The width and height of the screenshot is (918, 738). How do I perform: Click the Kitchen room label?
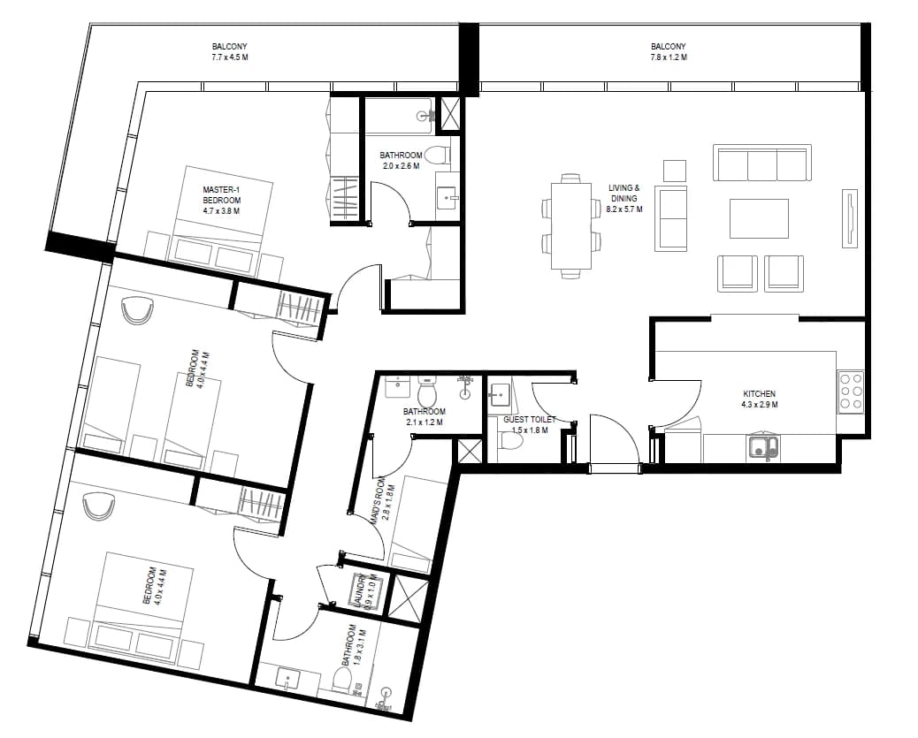pos(760,399)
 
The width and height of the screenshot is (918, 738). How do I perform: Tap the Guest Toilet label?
pos(529,425)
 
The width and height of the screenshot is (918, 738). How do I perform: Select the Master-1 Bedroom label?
pos(221,200)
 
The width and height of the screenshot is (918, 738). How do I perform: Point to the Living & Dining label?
pos(624,198)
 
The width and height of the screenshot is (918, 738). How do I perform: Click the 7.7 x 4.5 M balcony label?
pos(230,51)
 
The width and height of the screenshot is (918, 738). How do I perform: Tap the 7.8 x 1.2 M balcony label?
pos(668,51)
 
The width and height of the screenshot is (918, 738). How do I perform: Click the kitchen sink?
pos(762,447)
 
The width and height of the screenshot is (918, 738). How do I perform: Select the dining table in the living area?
pos(570,226)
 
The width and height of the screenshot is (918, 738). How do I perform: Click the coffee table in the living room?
pos(759,218)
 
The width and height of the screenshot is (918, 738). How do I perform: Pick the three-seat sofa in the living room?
pos(762,163)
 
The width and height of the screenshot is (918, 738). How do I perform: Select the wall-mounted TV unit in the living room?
pos(850,218)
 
